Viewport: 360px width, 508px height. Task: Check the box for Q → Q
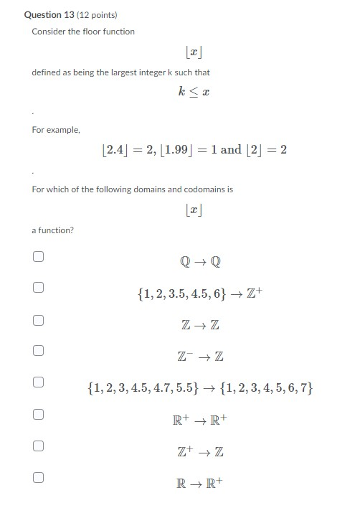pos(38,256)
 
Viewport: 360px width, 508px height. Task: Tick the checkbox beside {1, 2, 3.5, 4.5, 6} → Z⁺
pos(38,288)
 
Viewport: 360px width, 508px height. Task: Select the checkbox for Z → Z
pos(38,319)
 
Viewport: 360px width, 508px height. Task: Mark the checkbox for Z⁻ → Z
pos(38,351)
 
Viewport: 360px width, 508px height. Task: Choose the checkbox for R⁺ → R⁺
pos(38,414)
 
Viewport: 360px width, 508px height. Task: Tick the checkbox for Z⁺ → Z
pos(38,446)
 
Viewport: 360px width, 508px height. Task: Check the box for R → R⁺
pos(38,477)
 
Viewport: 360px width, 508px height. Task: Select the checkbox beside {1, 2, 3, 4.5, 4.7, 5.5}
pos(38,382)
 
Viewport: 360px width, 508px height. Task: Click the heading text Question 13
pos(48,14)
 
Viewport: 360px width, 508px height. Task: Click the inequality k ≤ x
pos(194,92)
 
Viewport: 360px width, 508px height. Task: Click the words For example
pos(56,130)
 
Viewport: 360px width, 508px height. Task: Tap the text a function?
pos(52,230)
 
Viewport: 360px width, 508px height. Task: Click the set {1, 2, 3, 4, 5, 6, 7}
pos(267,389)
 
